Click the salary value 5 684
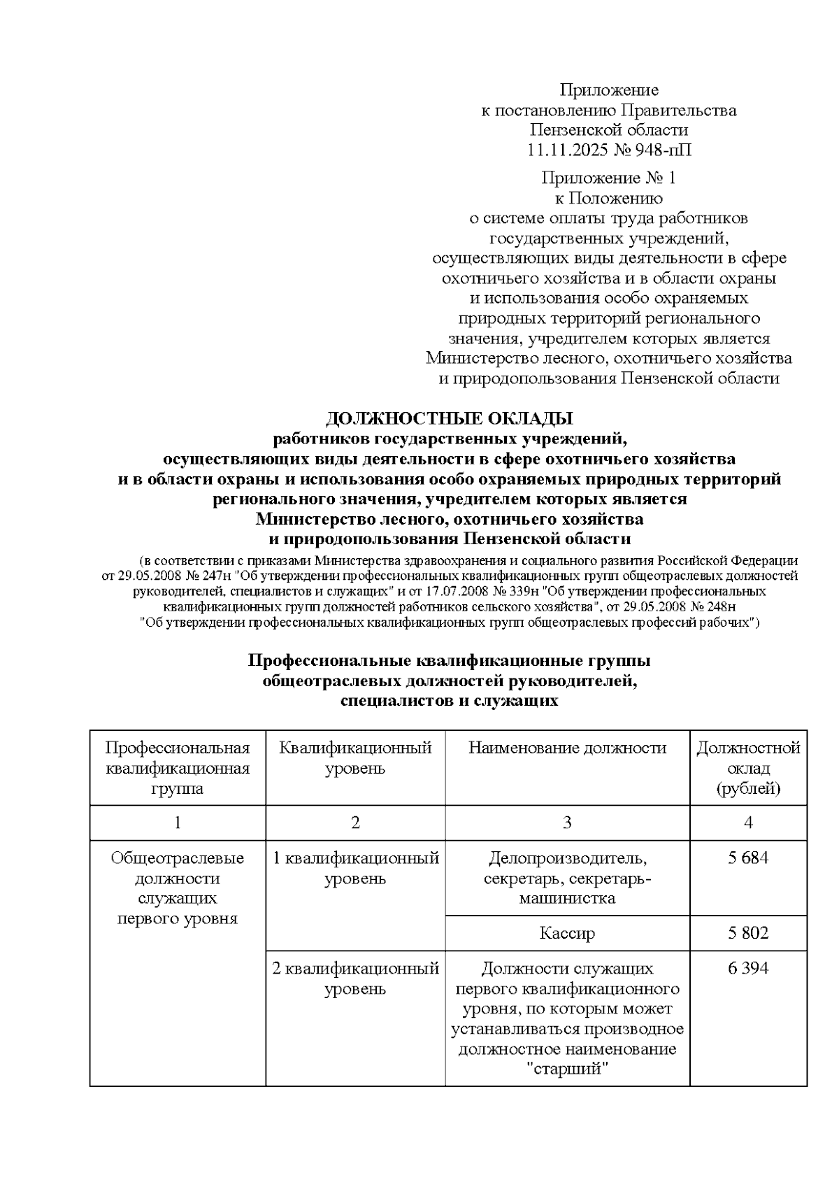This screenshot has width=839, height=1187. tap(747, 858)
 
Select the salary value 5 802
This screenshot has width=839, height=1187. tap(747, 932)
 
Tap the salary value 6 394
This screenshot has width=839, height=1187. tap(747, 968)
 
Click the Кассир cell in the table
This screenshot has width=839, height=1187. tap(567, 933)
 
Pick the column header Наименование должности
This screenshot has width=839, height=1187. tap(567, 748)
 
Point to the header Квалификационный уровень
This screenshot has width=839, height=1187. tap(355, 758)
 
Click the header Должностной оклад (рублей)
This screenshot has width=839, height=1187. tap(748, 768)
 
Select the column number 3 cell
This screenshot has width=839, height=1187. tap(567, 823)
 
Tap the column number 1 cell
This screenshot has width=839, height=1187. tap(178, 823)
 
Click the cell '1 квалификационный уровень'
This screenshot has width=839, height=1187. tap(355, 868)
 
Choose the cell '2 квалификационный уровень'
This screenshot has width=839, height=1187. tap(355, 979)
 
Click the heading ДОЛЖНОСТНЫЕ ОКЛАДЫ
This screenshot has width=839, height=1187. tap(449, 418)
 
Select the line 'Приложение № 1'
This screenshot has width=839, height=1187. tap(608, 178)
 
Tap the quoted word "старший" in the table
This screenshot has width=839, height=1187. tap(567, 1069)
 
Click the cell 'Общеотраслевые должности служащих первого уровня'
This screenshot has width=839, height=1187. tap(178, 888)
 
